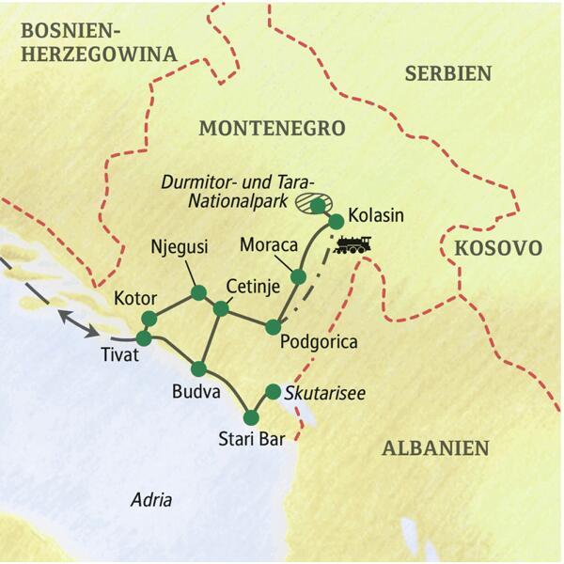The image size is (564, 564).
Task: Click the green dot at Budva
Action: pyautogui.click(x=199, y=368)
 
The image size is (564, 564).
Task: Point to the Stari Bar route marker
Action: pyautogui.click(x=251, y=417)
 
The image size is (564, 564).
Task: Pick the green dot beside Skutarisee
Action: pyautogui.click(x=273, y=391)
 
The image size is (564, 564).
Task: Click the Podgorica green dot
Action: pyautogui.click(x=273, y=327)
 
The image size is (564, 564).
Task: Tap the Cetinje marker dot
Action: pyautogui.click(x=221, y=308)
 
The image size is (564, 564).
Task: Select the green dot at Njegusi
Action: pyautogui.click(x=198, y=293)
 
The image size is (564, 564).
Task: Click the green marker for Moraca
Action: pyautogui.click(x=299, y=276)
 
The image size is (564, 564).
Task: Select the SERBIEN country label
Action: pyautogui.click(x=448, y=72)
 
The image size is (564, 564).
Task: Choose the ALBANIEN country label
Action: pyautogui.click(x=435, y=448)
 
